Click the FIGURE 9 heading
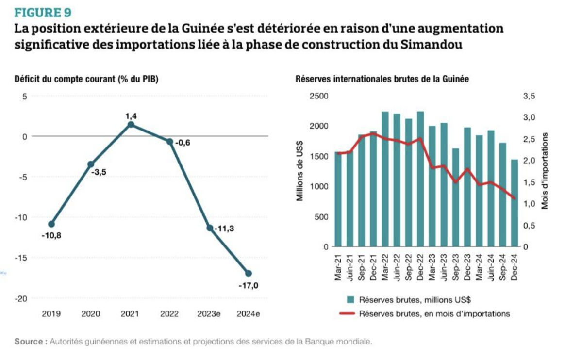click(43, 11)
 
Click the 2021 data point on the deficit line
click(131, 125)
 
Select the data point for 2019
click(51, 224)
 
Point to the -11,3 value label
click(224, 228)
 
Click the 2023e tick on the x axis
click(209, 314)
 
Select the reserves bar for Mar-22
click(385, 179)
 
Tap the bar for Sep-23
click(456, 197)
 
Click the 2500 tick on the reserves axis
click(320, 97)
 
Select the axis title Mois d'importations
click(545, 171)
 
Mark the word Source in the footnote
click(29, 341)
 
